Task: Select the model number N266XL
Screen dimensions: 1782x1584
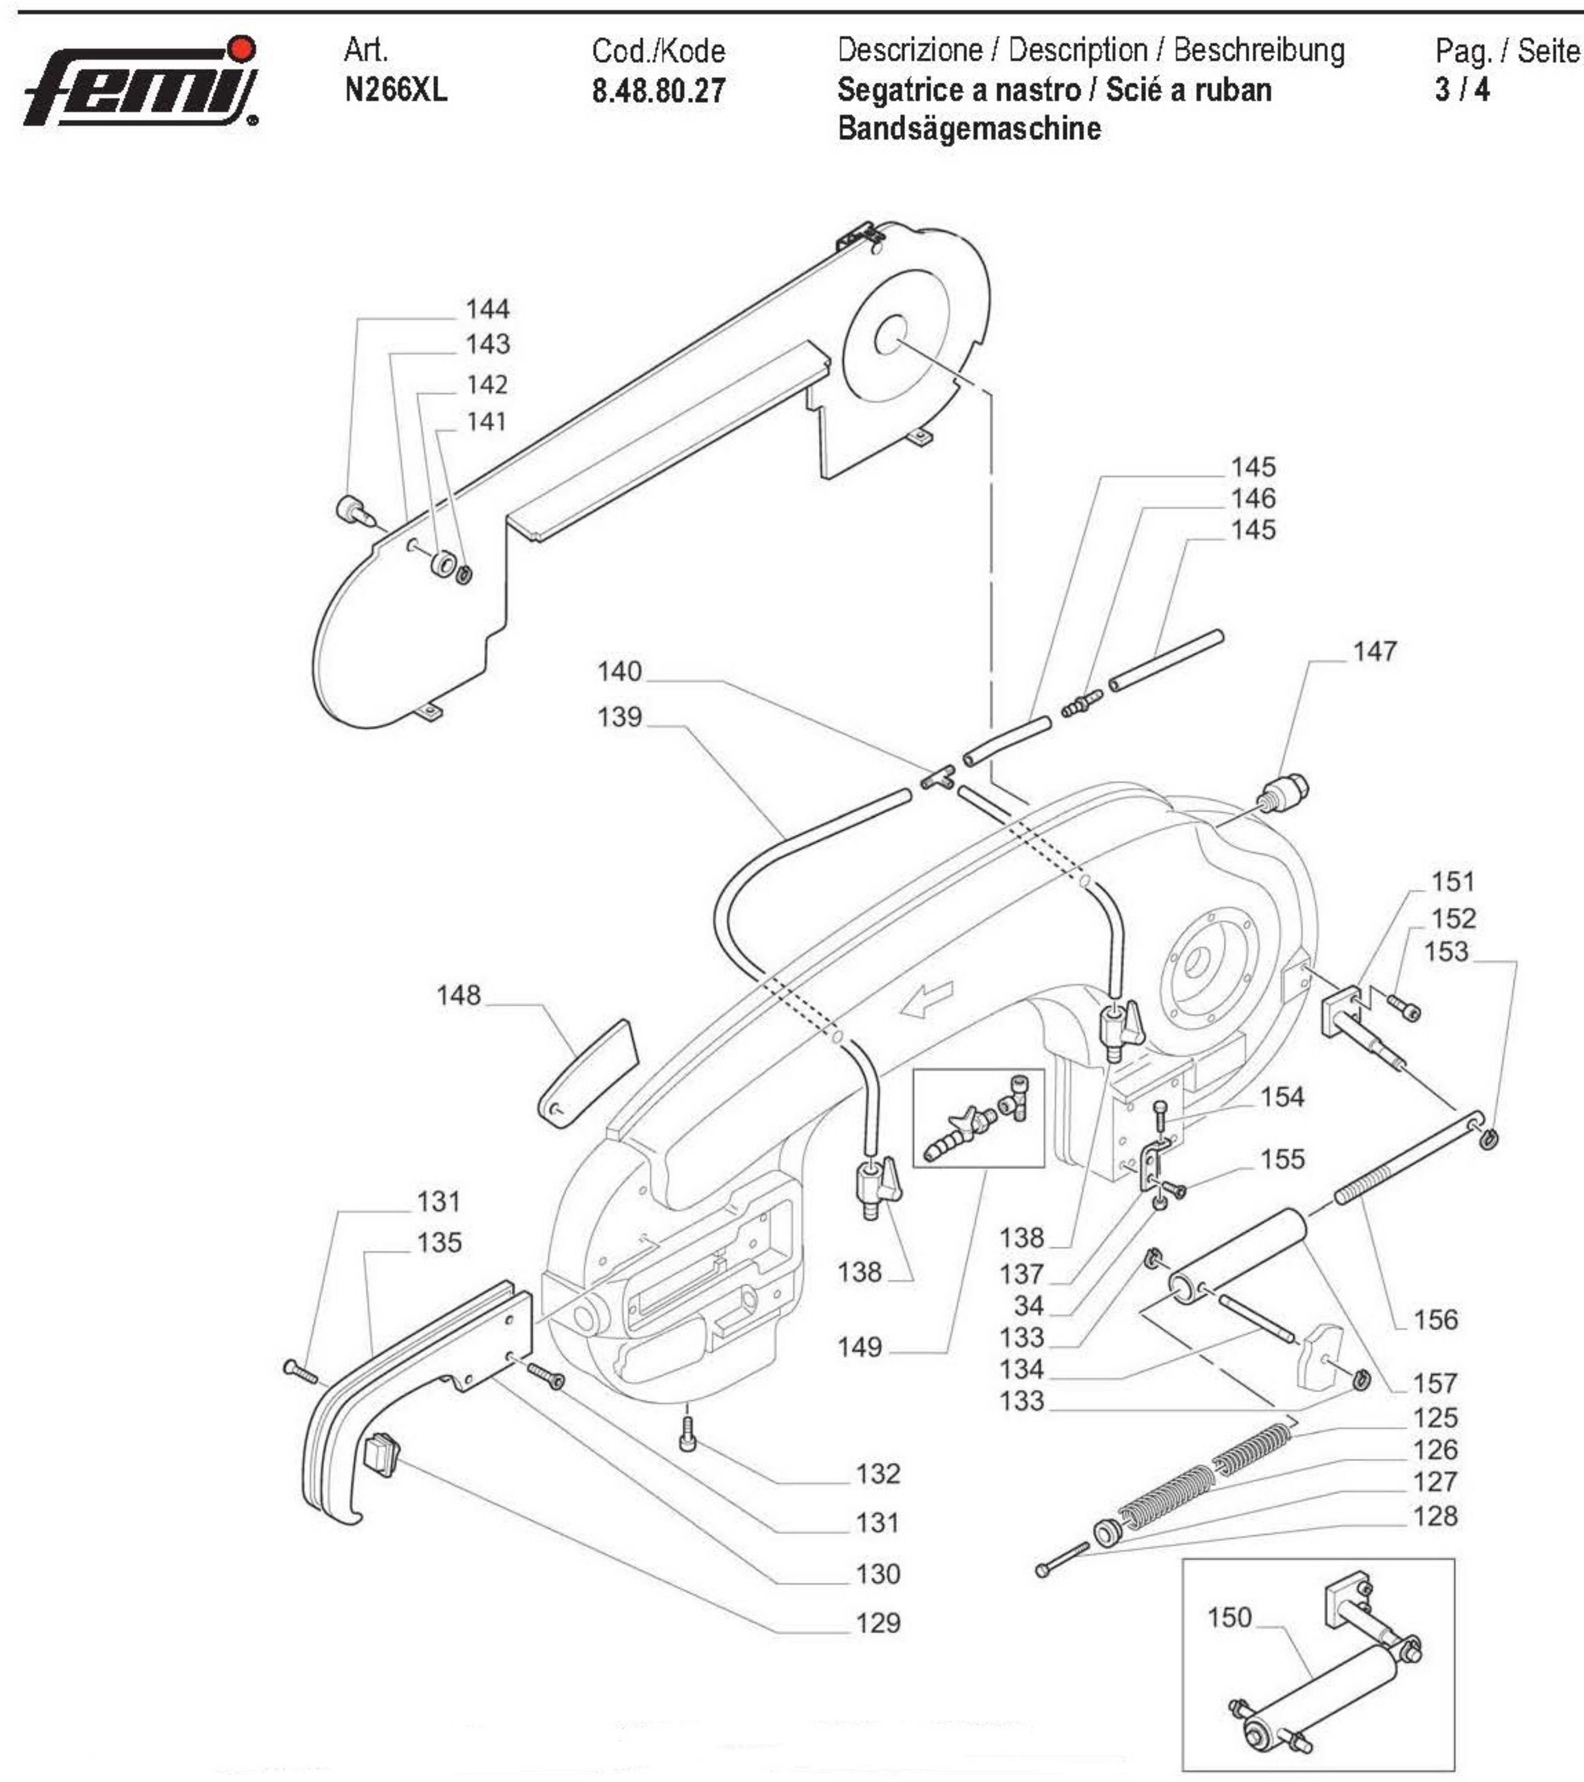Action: [396, 90]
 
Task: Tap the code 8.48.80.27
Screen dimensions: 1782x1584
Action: [658, 91]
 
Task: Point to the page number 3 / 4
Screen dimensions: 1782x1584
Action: [1462, 90]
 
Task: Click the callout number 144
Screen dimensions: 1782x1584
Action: [487, 309]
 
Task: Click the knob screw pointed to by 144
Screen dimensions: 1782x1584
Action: [352, 508]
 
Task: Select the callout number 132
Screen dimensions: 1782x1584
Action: [877, 1473]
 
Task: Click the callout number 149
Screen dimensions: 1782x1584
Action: [860, 1347]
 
